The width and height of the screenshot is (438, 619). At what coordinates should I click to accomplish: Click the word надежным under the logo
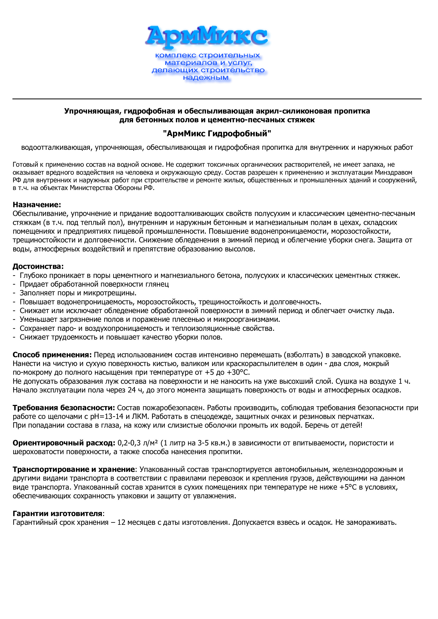[x=206, y=78]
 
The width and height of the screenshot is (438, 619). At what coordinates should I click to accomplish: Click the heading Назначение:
[x=37, y=205]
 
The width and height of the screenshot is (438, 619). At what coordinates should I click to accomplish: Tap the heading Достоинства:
[x=38, y=266]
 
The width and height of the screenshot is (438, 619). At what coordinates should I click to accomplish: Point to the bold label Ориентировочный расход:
[x=64, y=443]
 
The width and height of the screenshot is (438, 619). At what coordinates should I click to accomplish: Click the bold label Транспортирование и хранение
[x=74, y=469]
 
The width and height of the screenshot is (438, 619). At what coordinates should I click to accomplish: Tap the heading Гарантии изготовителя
[x=57, y=513]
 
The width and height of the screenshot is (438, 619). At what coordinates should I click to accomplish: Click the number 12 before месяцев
[x=121, y=522]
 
